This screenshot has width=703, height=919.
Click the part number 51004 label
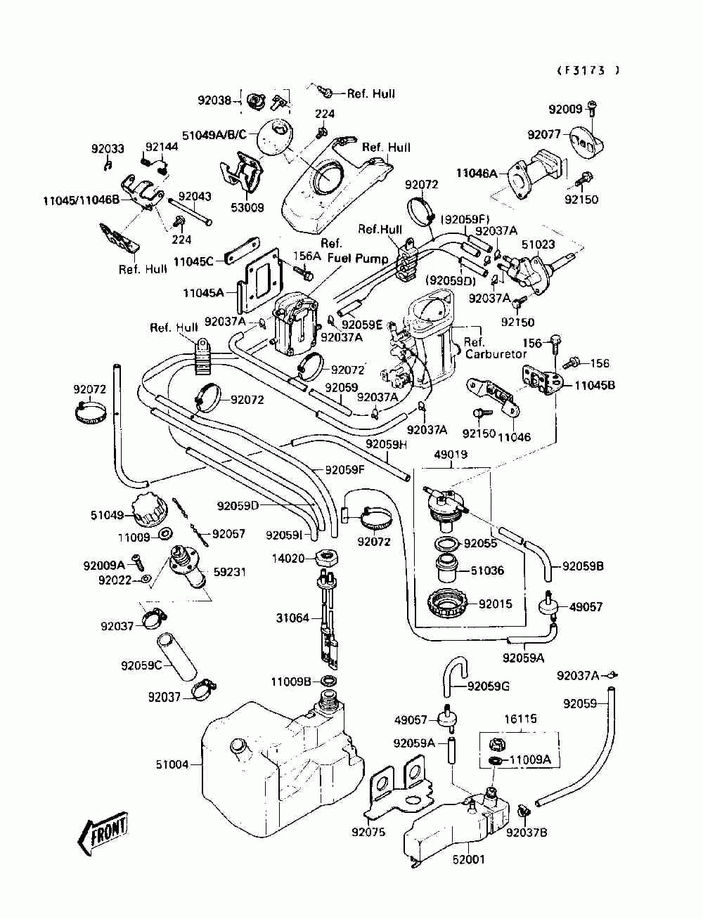tap(172, 764)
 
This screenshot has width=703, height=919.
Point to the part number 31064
tap(292, 618)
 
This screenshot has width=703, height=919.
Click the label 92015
tap(496, 604)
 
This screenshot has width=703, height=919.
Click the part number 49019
tap(451, 455)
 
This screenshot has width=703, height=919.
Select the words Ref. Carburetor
tap(496, 348)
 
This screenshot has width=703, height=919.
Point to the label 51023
tap(538, 244)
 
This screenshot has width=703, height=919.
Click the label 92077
tap(544, 134)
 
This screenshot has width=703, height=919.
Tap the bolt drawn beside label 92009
tap(592, 108)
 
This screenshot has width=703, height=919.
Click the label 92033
tap(108, 149)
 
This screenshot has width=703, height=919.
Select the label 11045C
tap(193, 261)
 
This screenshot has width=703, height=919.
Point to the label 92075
tap(368, 833)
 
